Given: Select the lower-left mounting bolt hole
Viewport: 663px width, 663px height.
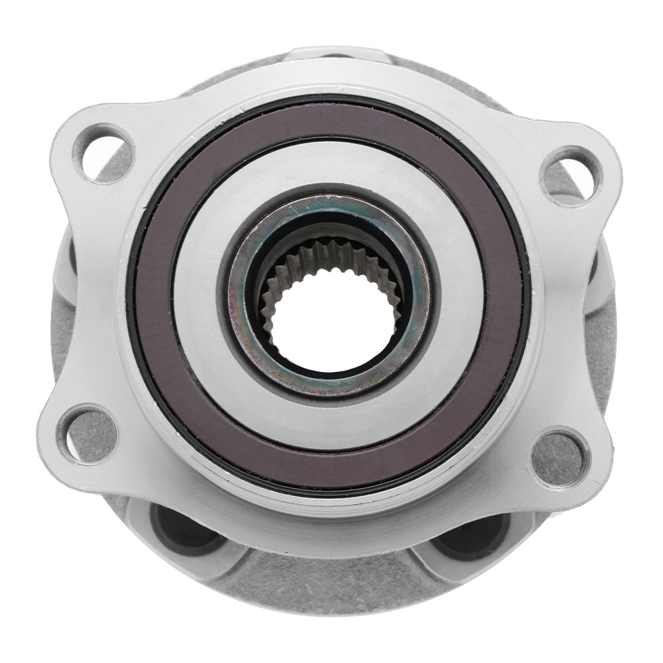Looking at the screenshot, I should pyautogui.click(x=87, y=434).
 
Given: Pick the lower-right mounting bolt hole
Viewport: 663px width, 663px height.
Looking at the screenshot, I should pyautogui.click(x=560, y=456).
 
